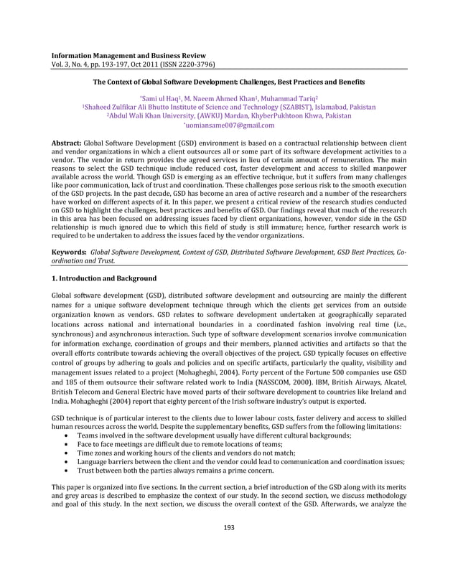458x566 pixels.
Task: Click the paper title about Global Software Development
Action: click(229, 82)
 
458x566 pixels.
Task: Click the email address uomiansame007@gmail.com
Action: click(229, 125)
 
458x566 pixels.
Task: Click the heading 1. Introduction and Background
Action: click(105, 278)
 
